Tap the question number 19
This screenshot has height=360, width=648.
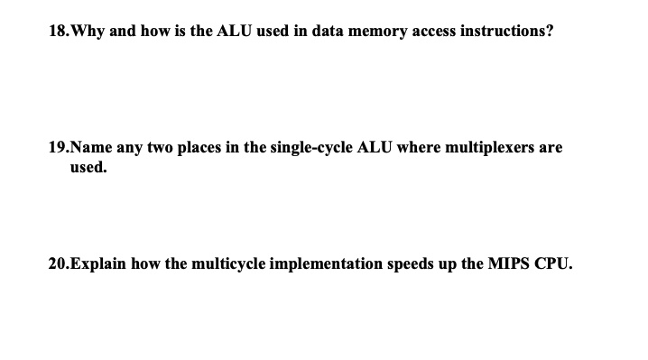(58, 147)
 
